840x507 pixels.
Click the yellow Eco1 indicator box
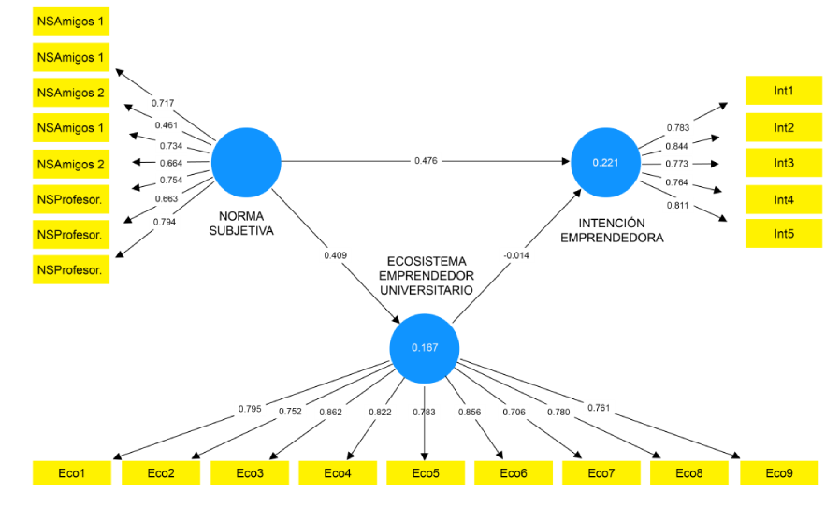[x=71, y=473]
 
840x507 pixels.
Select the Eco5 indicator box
[x=425, y=473]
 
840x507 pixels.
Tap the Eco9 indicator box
[x=778, y=473]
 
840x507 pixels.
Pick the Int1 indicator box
[x=783, y=91]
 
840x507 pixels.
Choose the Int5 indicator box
[x=783, y=234]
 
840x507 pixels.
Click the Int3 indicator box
[x=783, y=163]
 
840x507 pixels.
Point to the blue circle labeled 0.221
[x=605, y=162]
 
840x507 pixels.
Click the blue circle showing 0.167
[x=425, y=348]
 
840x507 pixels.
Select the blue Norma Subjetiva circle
[x=246, y=162]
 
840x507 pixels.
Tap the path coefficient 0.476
[x=427, y=161]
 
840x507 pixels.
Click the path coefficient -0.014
[x=518, y=253]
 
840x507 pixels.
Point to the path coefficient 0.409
[x=336, y=254]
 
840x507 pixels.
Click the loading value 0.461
[x=165, y=124]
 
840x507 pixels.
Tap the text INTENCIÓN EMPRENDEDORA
[x=612, y=230]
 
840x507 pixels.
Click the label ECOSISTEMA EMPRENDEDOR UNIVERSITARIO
[x=427, y=276]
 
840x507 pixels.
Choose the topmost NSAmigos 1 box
[x=71, y=20]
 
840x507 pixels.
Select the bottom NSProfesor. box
[x=71, y=269]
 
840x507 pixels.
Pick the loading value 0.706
[x=514, y=412]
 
